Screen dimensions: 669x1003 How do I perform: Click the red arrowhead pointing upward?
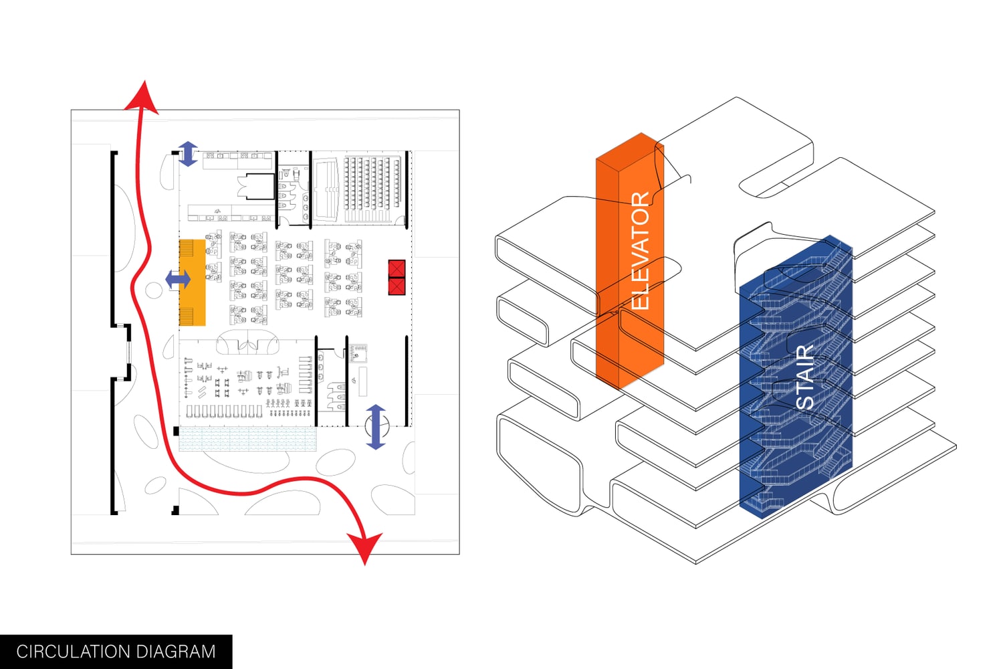[x=142, y=97]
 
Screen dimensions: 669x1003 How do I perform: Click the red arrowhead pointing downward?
[x=364, y=547]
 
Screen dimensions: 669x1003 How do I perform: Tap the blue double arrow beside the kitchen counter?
[x=187, y=154]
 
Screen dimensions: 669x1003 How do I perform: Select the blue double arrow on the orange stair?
[x=177, y=279]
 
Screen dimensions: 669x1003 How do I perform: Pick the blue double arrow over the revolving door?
[x=376, y=426]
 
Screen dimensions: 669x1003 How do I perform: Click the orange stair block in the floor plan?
[x=193, y=283]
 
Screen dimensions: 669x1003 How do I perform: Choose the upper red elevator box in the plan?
[x=397, y=268]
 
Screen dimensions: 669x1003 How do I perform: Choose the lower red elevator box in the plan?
[x=397, y=286]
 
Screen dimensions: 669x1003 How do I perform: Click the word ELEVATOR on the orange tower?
[x=640, y=251]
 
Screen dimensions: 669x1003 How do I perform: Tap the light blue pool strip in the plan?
[x=247, y=440]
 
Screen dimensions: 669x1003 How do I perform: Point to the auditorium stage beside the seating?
[x=326, y=189]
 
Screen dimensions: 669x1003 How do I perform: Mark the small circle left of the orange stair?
[x=154, y=290]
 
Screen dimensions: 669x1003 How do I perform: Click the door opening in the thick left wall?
[x=127, y=352]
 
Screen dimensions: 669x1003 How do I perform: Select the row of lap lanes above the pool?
[x=224, y=411]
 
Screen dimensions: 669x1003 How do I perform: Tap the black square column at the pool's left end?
[x=176, y=432]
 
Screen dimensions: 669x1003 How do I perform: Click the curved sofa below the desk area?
[x=247, y=342]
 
